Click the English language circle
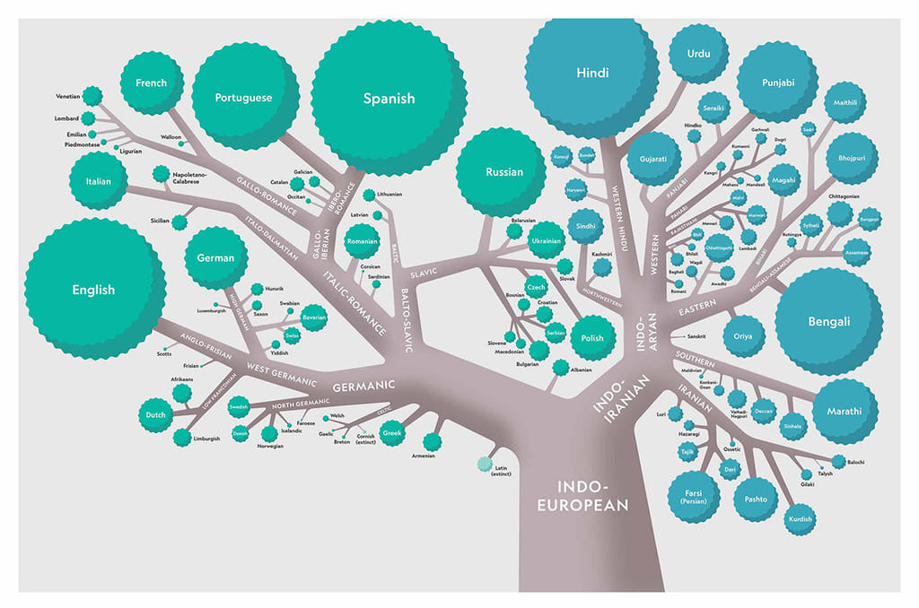[93, 289]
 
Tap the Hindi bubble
[591, 74]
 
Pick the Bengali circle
[828, 321]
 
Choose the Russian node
[503, 171]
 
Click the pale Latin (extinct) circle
[486, 463]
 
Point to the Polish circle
[591, 338]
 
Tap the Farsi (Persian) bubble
[693, 496]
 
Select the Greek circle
[391, 435]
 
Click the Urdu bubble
[698, 54]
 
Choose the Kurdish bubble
[800, 519]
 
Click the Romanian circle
[361, 241]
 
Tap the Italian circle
[98, 181]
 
